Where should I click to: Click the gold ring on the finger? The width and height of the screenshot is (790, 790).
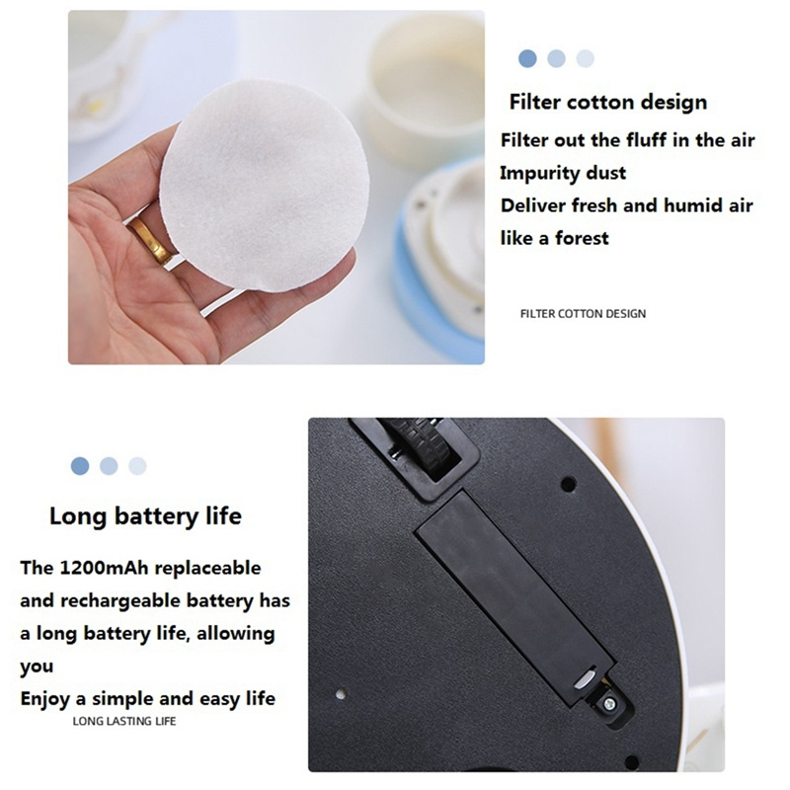click(x=149, y=242)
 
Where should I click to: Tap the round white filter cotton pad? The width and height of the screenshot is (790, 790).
click(x=265, y=186)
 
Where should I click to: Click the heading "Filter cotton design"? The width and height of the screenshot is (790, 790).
click(x=608, y=103)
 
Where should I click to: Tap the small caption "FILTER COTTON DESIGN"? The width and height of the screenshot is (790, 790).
click(x=583, y=314)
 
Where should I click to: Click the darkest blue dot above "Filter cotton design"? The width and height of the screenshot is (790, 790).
click(x=527, y=59)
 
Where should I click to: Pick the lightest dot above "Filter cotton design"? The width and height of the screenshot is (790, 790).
click(x=585, y=59)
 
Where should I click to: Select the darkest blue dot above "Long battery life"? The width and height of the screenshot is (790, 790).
click(x=80, y=466)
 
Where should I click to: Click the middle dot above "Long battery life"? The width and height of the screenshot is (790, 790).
click(x=109, y=466)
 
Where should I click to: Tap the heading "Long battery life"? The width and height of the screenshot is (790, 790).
click(x=145, y=516)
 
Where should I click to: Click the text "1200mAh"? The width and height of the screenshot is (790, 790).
click(x=105, y=568)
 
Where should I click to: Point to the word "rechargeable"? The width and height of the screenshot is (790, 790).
click(x=120, y=601)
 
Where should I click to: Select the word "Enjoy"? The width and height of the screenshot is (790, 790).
click(x=44, y=699)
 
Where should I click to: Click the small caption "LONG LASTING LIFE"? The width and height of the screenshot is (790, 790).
click(x=124, y=722)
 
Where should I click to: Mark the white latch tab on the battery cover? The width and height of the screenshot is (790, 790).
click(x=585, y=678)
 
